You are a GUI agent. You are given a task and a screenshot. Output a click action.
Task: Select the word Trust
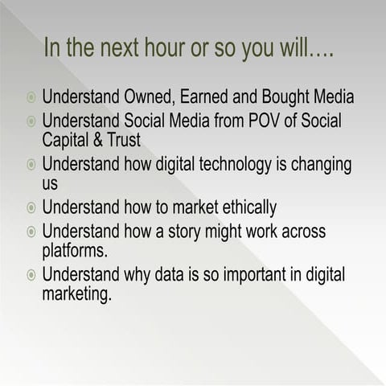click(x=120, y=140)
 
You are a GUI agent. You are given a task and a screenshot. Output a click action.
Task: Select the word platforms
click(x=74, y=250)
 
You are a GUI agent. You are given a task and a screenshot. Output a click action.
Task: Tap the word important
click(x=255, y=275)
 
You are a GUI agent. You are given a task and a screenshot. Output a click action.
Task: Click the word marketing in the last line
click(x=76, y=294)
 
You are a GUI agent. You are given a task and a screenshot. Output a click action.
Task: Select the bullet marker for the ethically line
click(x=31, y=208)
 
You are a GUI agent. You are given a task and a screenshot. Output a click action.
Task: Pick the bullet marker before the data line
click(x=31, y=276)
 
